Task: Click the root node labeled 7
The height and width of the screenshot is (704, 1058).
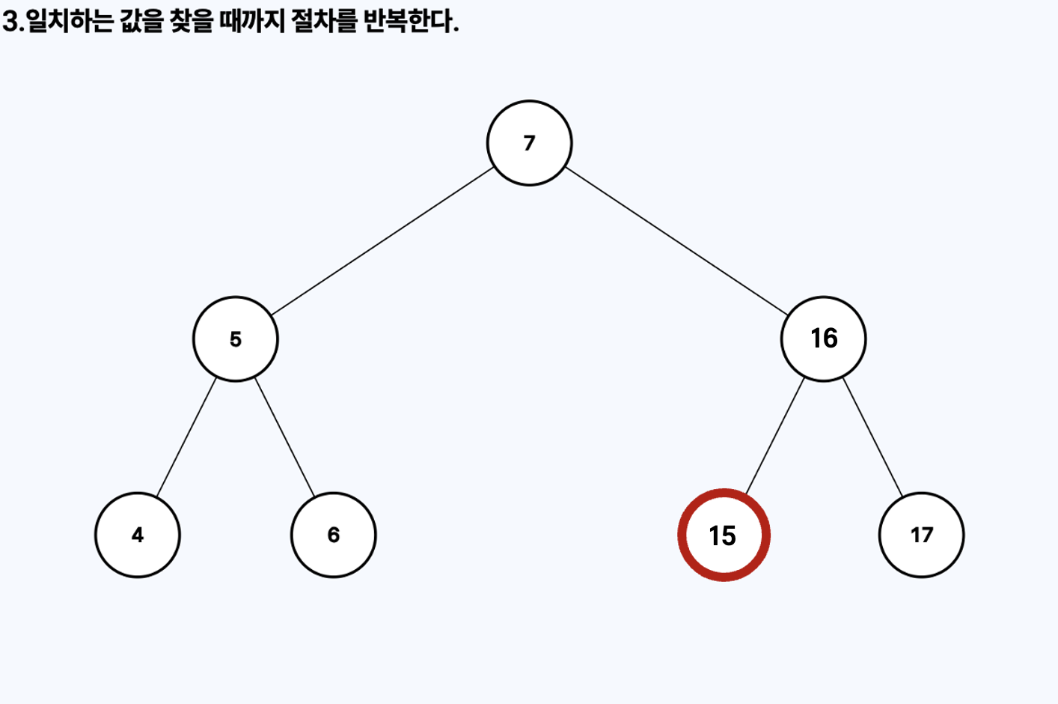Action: point(530,143)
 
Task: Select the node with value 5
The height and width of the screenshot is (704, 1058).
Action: point(236,339)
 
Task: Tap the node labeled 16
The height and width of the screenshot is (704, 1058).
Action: point(824,339)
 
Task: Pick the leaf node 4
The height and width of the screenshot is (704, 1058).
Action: point(138,535)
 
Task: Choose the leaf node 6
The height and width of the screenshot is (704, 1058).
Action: point(334,535)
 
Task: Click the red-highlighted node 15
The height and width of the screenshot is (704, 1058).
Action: point(724,535)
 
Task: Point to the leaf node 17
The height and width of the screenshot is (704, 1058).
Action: point(921,535)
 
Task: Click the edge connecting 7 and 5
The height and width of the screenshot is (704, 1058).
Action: point(382,241)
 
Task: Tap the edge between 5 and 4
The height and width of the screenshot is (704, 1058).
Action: point(186,437)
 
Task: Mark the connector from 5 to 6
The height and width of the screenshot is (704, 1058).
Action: point(284,437)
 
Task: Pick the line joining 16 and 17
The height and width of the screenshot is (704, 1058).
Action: point(872,437)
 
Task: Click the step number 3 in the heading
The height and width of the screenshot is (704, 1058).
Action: point(10,21)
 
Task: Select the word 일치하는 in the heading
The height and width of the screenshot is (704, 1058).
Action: point(70,21)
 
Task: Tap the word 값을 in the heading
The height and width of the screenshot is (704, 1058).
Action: point(141,21)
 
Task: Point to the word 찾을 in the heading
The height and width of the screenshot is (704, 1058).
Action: point(192,21)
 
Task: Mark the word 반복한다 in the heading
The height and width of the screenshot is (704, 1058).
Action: point(407,21)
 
